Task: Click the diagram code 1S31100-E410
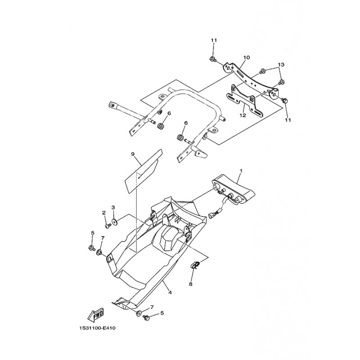(96, 328)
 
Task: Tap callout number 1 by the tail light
(241, 171)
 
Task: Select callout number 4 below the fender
(170, 292)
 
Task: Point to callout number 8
(190, 284)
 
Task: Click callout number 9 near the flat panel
(133, 154)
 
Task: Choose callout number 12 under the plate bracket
(243, 115)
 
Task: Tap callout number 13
(281, 64)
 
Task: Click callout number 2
(104, 212)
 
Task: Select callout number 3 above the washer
(113, 207)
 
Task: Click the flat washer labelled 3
(114, 221)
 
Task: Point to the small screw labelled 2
(108, 226)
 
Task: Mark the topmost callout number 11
(214, 40)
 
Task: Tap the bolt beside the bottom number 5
(146, 318)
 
